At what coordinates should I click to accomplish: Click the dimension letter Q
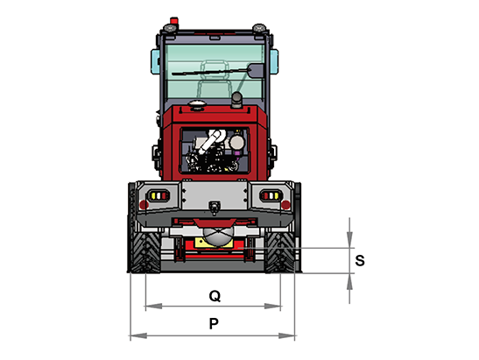(215, 296)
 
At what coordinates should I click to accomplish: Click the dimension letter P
(214, 323)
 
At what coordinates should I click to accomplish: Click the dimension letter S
(360, 261)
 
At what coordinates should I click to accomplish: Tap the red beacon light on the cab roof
(173, 21)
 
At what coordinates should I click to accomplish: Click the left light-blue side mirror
(155, 61)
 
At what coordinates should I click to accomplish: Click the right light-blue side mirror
(274, 61)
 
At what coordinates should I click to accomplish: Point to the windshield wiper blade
(211, 72)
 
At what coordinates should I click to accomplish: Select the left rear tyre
(144, 251)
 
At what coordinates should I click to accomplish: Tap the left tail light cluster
(158, 195)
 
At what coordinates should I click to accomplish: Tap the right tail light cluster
(271, 195)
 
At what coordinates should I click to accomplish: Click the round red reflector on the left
(144, 204)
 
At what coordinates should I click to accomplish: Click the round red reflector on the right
(285, 204)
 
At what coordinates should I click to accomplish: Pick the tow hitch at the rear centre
(215, 207)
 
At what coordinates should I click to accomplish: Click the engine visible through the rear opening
(215, 151)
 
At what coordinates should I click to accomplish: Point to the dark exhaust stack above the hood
(236, 100)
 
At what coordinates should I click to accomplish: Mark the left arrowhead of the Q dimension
(153, 306)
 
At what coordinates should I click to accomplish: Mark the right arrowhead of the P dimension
(286, 335)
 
